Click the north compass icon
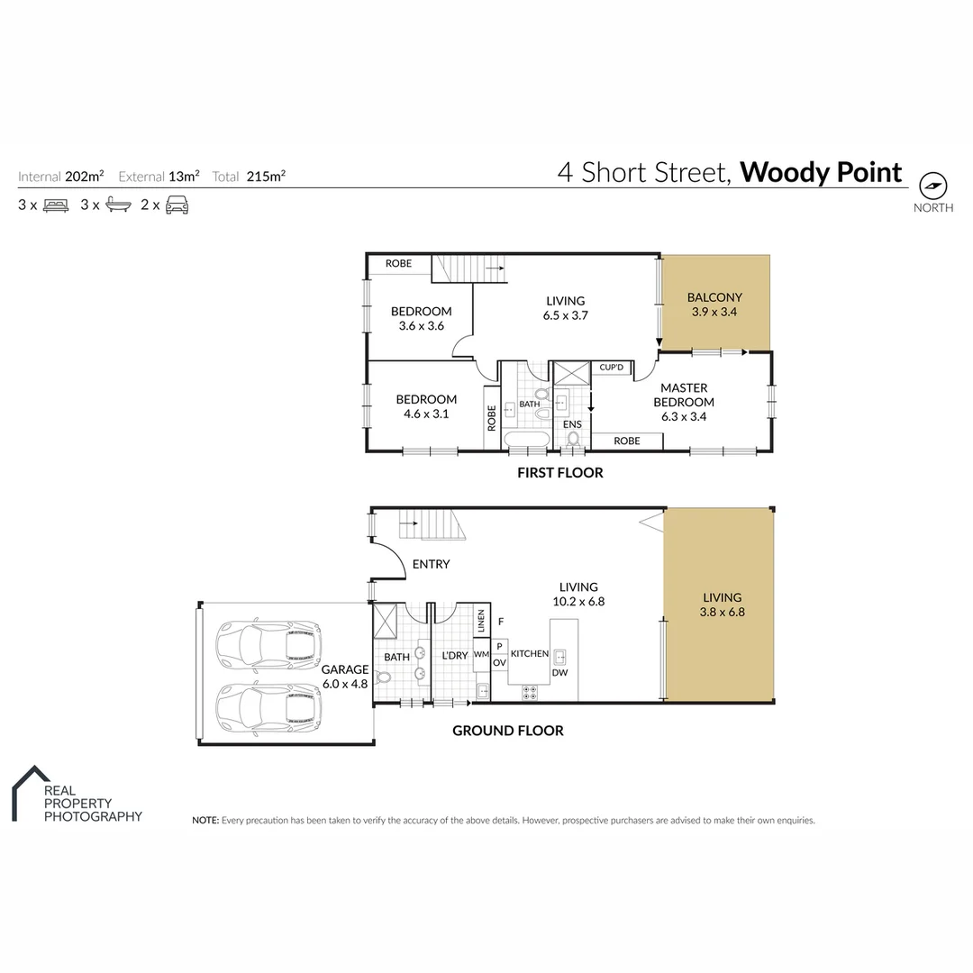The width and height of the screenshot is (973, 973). tap(933, 186)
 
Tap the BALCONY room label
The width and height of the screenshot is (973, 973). tap(714, 296)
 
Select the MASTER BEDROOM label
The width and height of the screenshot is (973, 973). tap(683, 395)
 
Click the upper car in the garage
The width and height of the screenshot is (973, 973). tap(268, 642)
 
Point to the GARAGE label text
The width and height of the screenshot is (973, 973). tap(345, 669)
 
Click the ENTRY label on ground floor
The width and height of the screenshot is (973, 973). tap(431, 565)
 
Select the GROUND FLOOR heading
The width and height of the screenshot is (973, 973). tap(507, 731)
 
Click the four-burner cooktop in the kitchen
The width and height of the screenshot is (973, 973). tap(531, 693)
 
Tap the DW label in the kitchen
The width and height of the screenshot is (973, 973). tap(560, 672)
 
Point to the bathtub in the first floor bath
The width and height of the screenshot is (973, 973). tap(524, 440)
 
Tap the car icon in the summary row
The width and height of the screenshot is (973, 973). tap(177, 205)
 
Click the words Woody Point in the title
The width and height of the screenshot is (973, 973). tap(821, 171)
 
